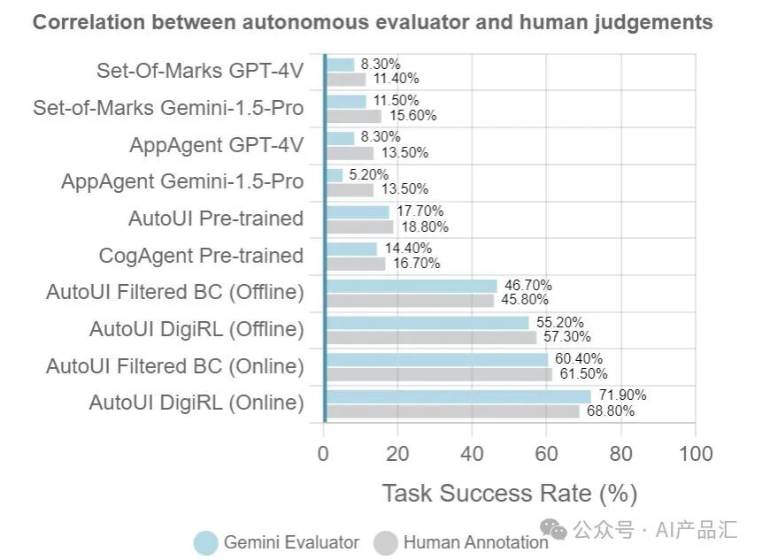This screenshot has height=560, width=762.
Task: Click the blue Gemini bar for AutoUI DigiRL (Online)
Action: click(458, 397)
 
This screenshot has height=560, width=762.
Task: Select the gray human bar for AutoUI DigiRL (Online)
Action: click(453, 411)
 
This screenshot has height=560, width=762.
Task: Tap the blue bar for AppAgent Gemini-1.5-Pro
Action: click(335, 175)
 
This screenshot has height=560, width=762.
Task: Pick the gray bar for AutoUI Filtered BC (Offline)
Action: click(410, 301)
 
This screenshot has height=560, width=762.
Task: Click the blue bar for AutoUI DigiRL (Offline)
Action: click(427, 323)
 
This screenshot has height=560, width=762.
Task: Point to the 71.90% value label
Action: click(622, 395)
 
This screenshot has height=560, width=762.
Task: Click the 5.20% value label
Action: click(368, 174)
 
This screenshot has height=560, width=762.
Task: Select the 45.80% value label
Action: click(525, 299)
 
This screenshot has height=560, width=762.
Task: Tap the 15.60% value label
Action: click(413, 116)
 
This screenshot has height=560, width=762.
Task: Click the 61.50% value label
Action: click(583, 373)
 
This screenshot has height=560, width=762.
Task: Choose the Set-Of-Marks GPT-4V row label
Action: click(200, 71)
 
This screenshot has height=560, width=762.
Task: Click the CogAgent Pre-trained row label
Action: click(201, 256)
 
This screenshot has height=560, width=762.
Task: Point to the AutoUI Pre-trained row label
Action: click(216, 219)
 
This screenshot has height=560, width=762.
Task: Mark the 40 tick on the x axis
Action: click(472, 454)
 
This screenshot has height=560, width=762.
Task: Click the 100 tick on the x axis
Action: click(696, 454)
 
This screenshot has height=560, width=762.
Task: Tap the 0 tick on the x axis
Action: click(323, 454)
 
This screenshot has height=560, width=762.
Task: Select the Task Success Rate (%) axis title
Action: click(509, 494)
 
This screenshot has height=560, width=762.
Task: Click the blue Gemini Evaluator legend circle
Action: click(205, 542)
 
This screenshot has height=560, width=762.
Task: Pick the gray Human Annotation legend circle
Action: click(385, 542)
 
